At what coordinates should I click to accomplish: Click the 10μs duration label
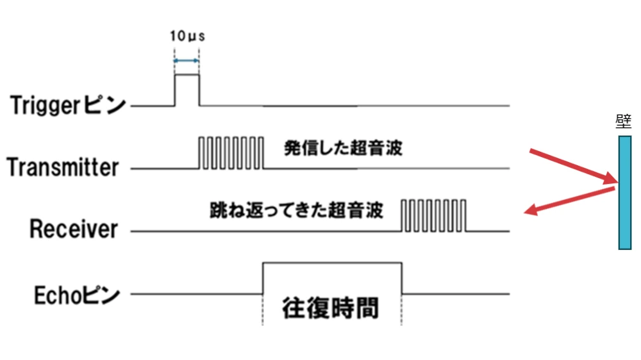pos(187,36)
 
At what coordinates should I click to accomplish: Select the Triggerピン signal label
pos(68,105)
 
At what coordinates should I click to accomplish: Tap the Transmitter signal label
pos(63,167)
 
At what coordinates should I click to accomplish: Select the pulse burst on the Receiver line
pos(434,215)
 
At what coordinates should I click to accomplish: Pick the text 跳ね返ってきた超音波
pos(296,210)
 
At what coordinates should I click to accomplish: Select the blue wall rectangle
pos(624,192)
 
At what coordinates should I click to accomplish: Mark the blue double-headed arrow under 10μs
pos(187,61)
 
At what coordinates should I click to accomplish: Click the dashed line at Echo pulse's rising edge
pos(263,311)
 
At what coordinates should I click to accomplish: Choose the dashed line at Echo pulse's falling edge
pos(402,311)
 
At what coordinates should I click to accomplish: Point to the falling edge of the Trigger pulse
pos(199,90)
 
